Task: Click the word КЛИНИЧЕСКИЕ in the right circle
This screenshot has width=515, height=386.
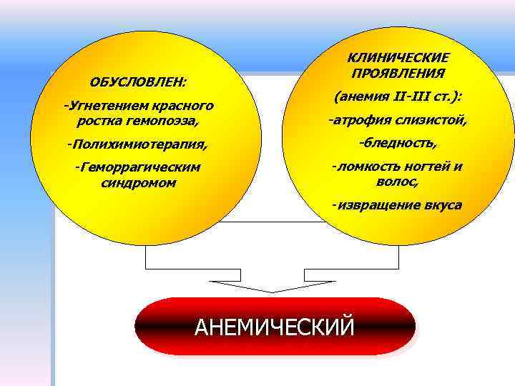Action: [x=398, y=57]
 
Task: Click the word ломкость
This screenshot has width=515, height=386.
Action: [x=362, y=167]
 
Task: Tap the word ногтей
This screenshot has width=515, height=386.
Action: [x=423, y=167]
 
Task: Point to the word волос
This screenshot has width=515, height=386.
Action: [x=397, y=182]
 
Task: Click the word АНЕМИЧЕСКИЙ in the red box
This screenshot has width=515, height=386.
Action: [x=275, y=327]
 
